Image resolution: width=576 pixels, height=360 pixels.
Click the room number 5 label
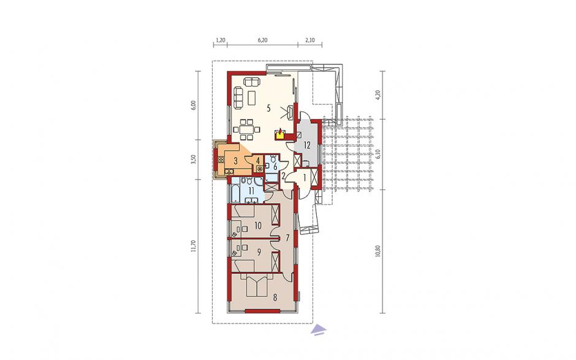(269, 108)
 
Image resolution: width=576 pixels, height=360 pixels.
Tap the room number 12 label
(307, 145)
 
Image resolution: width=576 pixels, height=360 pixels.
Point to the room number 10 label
(258, 226)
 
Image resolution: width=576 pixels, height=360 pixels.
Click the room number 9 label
(259, 252)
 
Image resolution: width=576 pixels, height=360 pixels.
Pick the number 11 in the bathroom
(251, 191)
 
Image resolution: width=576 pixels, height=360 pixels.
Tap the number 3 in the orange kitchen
(235, 160)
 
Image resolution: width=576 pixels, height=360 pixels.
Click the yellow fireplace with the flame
(280, 134)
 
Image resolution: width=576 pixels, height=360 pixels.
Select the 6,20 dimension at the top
(262, 40)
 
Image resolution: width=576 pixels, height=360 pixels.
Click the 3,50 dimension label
(195, 159)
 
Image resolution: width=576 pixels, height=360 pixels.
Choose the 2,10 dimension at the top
(310, 40)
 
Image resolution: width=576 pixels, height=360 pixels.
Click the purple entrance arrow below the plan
(319, 330)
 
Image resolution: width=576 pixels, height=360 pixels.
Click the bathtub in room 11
(234, 193)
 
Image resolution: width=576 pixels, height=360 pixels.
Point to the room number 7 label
(287, 237)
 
